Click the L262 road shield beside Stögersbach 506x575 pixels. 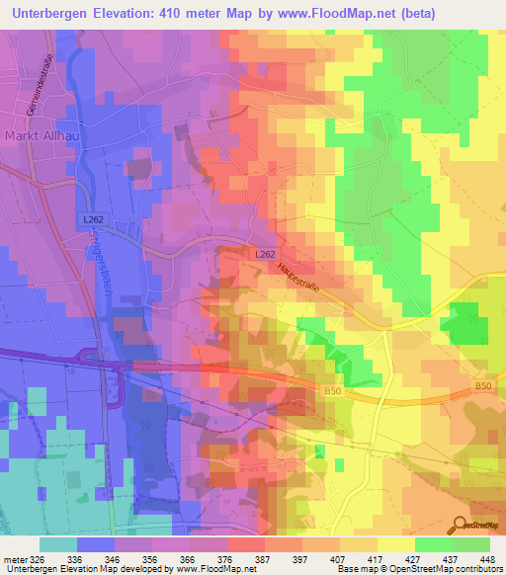pos(93,218)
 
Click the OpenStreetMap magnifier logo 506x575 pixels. pos(462,526)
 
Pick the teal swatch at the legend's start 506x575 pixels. pos(58,544)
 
